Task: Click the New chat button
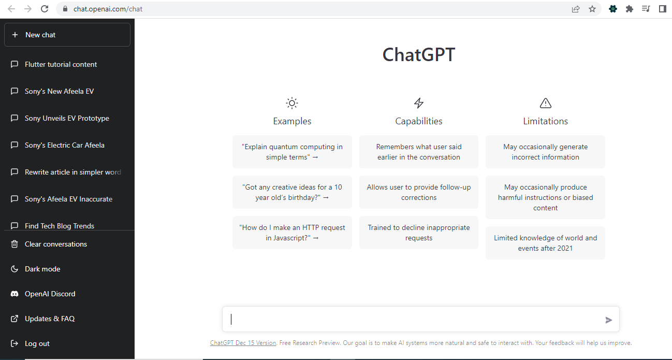[x=67, y=35]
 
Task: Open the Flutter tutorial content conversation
[x=61, y=65]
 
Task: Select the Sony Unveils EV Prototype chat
[x=67, y=119]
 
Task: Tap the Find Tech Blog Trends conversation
[x=60, y=226]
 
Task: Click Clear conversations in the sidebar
[x=56, y=244]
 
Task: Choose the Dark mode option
[x=42, y=269]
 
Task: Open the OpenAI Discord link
[x=50, y=294]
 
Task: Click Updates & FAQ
[x=50, y=319]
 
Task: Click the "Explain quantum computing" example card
[x=292, y=152]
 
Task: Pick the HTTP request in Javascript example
[x=292, y=233]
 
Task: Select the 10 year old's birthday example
[x=292, y=192]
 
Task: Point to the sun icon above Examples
[x=292, y=103]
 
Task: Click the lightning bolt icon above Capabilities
[x=419, y=103]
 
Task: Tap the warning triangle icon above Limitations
[x=545, y=103]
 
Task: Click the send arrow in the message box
[x=609, y=320]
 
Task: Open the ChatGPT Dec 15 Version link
[x=243, y=343]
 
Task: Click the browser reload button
[x=45, y=9]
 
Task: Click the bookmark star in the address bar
[x=592, y=9]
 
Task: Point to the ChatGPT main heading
[x=418, y=55]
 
